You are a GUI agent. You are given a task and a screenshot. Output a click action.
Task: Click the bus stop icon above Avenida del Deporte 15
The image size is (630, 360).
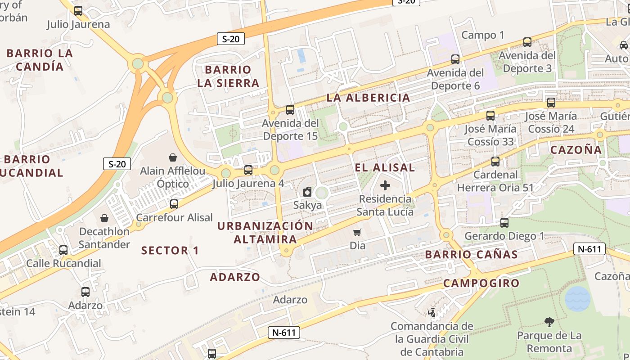[290, 109]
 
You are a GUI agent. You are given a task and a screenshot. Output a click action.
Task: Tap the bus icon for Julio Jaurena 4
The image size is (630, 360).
[248, 170]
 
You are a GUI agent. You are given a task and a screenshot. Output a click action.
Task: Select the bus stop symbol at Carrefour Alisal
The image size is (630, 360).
[174, 204]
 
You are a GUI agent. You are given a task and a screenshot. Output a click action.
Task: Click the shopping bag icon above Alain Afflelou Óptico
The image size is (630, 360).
[173, 157]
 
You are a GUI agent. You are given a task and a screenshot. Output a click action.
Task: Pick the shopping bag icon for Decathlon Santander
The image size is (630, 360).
[104, 218]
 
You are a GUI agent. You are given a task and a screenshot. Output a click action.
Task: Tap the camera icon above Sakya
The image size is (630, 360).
[307, 192]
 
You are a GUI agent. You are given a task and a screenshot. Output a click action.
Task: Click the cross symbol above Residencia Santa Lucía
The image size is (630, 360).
[385, 185]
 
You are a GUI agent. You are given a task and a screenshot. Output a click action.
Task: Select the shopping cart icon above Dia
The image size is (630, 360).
[357, 232]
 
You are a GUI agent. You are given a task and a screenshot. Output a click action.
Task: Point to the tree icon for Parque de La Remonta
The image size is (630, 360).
[549, 322]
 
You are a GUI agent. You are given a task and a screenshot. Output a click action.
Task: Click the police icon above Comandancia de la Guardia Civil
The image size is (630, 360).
[432, 312]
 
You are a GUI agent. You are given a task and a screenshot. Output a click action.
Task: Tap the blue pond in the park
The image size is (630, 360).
[577, 298]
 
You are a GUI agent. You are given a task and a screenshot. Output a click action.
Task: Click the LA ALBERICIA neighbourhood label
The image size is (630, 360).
[368, 98]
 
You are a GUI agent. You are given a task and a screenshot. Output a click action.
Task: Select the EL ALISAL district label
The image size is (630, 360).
[385, 167]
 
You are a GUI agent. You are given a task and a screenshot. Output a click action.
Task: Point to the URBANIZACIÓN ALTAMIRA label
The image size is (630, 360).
[265, 232]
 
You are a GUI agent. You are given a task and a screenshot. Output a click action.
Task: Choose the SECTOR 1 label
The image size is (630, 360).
[170, 251]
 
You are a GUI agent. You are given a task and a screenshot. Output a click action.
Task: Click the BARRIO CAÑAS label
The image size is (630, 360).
[472, 255]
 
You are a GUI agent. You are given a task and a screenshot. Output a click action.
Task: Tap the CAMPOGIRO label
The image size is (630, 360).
[481, 283]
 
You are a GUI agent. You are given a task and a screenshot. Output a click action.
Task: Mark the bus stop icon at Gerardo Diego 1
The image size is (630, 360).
[504, 223]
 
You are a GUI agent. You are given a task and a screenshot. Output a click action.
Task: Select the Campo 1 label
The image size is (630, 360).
[483, 35]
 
